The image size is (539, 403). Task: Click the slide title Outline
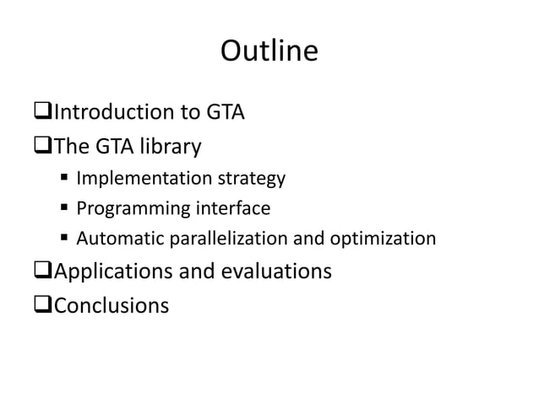click(x=269, y=52)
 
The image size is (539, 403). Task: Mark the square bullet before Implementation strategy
click(x=64, y=179)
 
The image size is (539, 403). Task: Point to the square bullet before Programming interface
click(x=64, y=209)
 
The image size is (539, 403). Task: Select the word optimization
click(x=384, y=239)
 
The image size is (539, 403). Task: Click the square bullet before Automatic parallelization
click(x=64, y=239)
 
